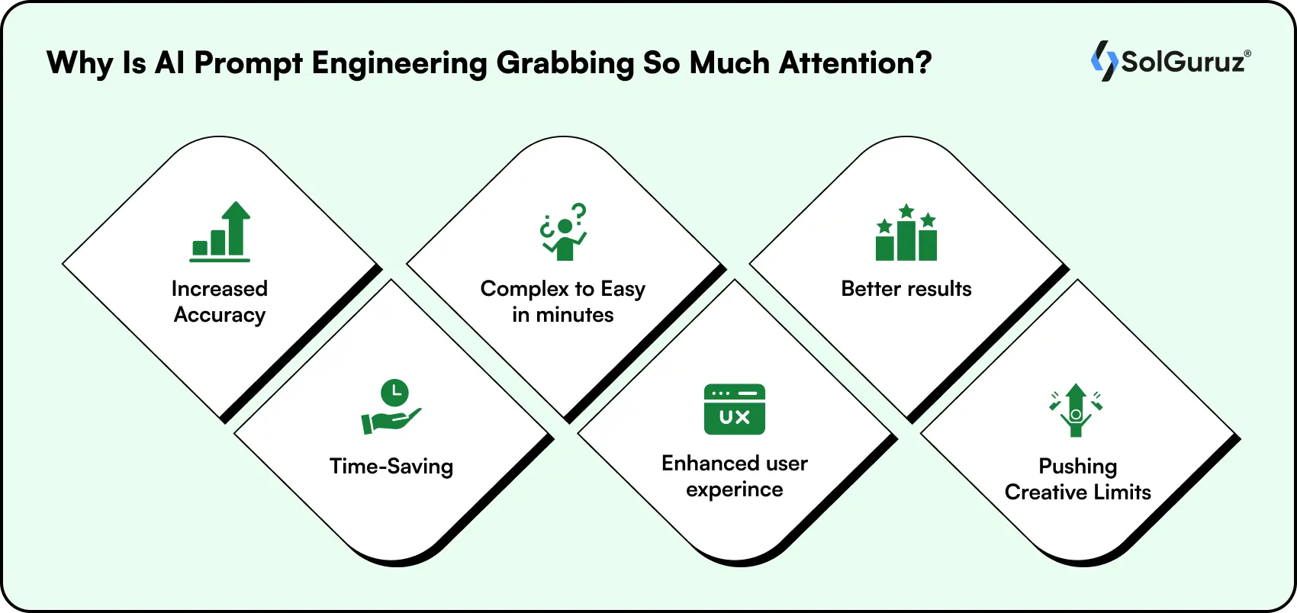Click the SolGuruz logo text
tap(1185, 62)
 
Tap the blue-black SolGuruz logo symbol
tap(1103, 61)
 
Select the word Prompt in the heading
tap(248, 63)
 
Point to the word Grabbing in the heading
tap(565, 63)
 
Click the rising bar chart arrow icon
tap(220, 232)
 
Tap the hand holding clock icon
tap(391, 407)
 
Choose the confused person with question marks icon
tap(563, 232)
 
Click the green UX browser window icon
tap(734, 409)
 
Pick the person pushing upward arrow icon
tap(1076, 409)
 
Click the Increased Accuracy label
tap(220, 302)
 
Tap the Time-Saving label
tap(391, 466)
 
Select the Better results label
tap(906, 289)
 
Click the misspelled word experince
tap(734, 489)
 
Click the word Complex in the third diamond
tap(524, 290)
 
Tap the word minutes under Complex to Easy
tap(574, 315)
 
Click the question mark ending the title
tap(924, 63)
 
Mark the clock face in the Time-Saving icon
tap(394, 392)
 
